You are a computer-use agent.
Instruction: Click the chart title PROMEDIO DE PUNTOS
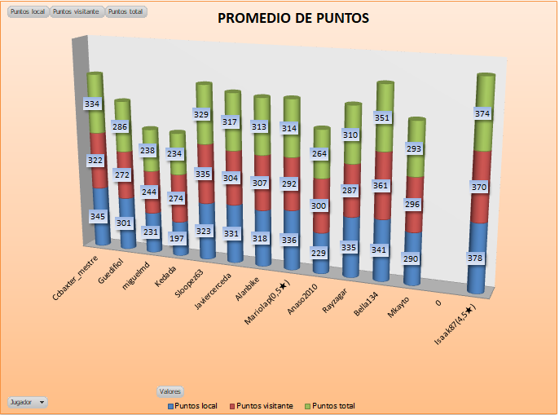tap(293, 18)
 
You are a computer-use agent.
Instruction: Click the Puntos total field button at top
tap(126, 13)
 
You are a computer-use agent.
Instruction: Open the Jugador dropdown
tap(27, 402)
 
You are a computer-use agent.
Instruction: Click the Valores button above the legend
tap(170, 391)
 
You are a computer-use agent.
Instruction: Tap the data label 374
tap(482, 114)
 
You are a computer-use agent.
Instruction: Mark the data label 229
tap(319, 253)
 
